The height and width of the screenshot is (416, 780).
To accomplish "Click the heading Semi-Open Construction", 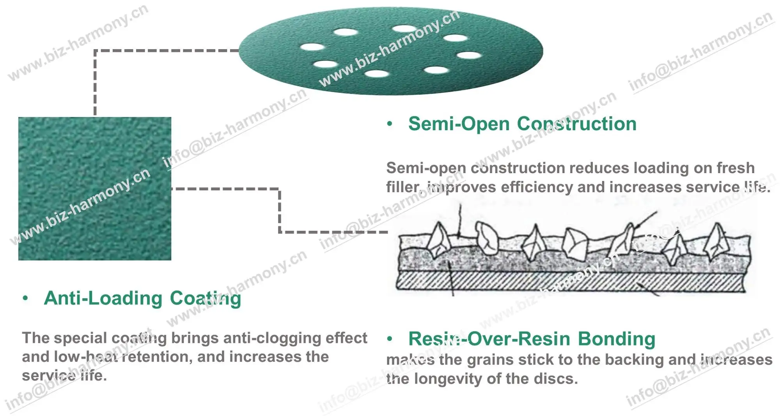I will click(x=522, y=124).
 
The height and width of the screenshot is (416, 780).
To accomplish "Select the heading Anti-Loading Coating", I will click(x=142, y=298).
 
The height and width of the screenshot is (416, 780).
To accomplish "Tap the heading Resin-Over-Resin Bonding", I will click(x=532, y=339).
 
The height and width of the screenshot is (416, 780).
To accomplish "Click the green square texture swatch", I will click(x=95, y=189).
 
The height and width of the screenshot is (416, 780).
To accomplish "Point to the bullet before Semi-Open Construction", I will click(x=389, y=124).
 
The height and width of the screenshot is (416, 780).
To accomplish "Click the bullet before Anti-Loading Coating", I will click(x=25, y=298).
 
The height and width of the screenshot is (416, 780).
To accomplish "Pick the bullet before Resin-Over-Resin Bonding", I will click(x=389, y=339).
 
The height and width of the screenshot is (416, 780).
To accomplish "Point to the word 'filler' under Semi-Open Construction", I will click(x=403, y=187).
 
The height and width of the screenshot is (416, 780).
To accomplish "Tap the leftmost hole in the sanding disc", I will click(x=312, y=48).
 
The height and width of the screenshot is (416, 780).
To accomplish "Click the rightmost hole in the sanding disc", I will click(x=469, y=55).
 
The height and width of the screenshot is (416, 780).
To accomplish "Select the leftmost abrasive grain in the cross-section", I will click(x=439, y=239).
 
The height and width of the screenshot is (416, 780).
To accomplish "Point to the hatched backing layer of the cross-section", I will click(x=569, y=281).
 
